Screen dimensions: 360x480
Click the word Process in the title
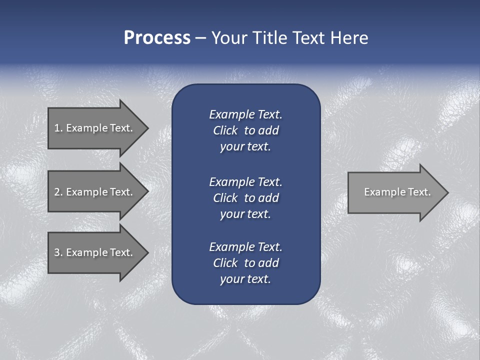click(x=157, y=38)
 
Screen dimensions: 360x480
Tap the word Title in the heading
click(x=269, y=38)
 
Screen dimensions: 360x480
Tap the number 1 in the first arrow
click(x=57, y=128)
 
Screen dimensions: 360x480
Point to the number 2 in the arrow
click(x=57, y=192)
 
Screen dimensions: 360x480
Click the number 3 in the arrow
click(x=57, y=252)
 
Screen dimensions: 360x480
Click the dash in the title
click(x=200, y=38)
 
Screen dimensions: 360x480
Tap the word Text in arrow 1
click(x=121, y=128)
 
